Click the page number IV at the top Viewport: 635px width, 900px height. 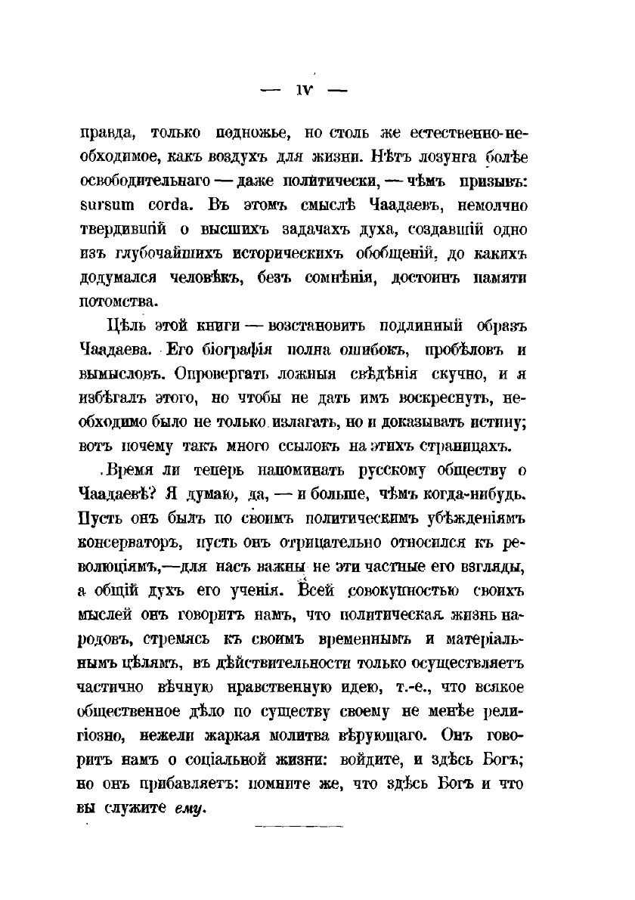click(302, 89)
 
